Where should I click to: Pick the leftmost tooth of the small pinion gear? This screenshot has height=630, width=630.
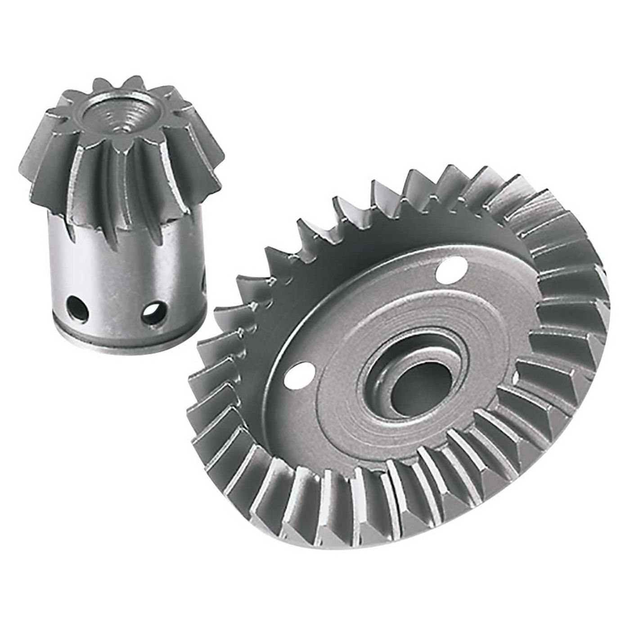pos(36,151)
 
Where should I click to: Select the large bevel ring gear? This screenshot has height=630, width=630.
pos(405,360)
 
